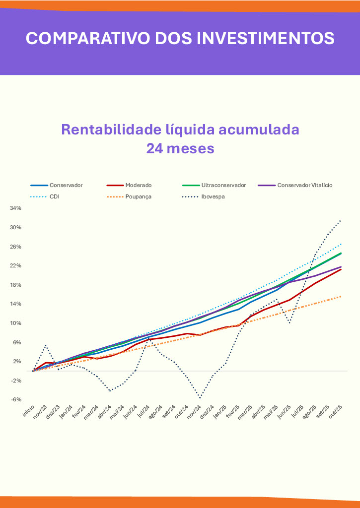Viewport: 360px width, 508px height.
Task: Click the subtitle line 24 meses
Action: coord(180,148)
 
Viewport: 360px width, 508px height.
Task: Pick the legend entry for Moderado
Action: coord(139,185)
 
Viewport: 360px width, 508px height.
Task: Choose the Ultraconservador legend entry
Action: coord(223,185)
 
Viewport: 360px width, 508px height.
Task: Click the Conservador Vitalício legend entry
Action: coord(304,185)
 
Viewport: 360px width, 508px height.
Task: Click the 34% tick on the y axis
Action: coord(15,208)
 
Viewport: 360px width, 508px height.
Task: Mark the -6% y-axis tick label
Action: coord(15,400)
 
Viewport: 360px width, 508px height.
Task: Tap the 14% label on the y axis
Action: coord(15,304)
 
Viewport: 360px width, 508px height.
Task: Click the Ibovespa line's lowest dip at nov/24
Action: coord(200,398)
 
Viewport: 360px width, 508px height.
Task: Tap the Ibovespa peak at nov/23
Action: coord(46,345)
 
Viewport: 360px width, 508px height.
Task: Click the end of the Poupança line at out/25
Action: coord(341,296)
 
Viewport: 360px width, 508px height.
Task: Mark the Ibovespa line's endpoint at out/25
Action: coord(341,220)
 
